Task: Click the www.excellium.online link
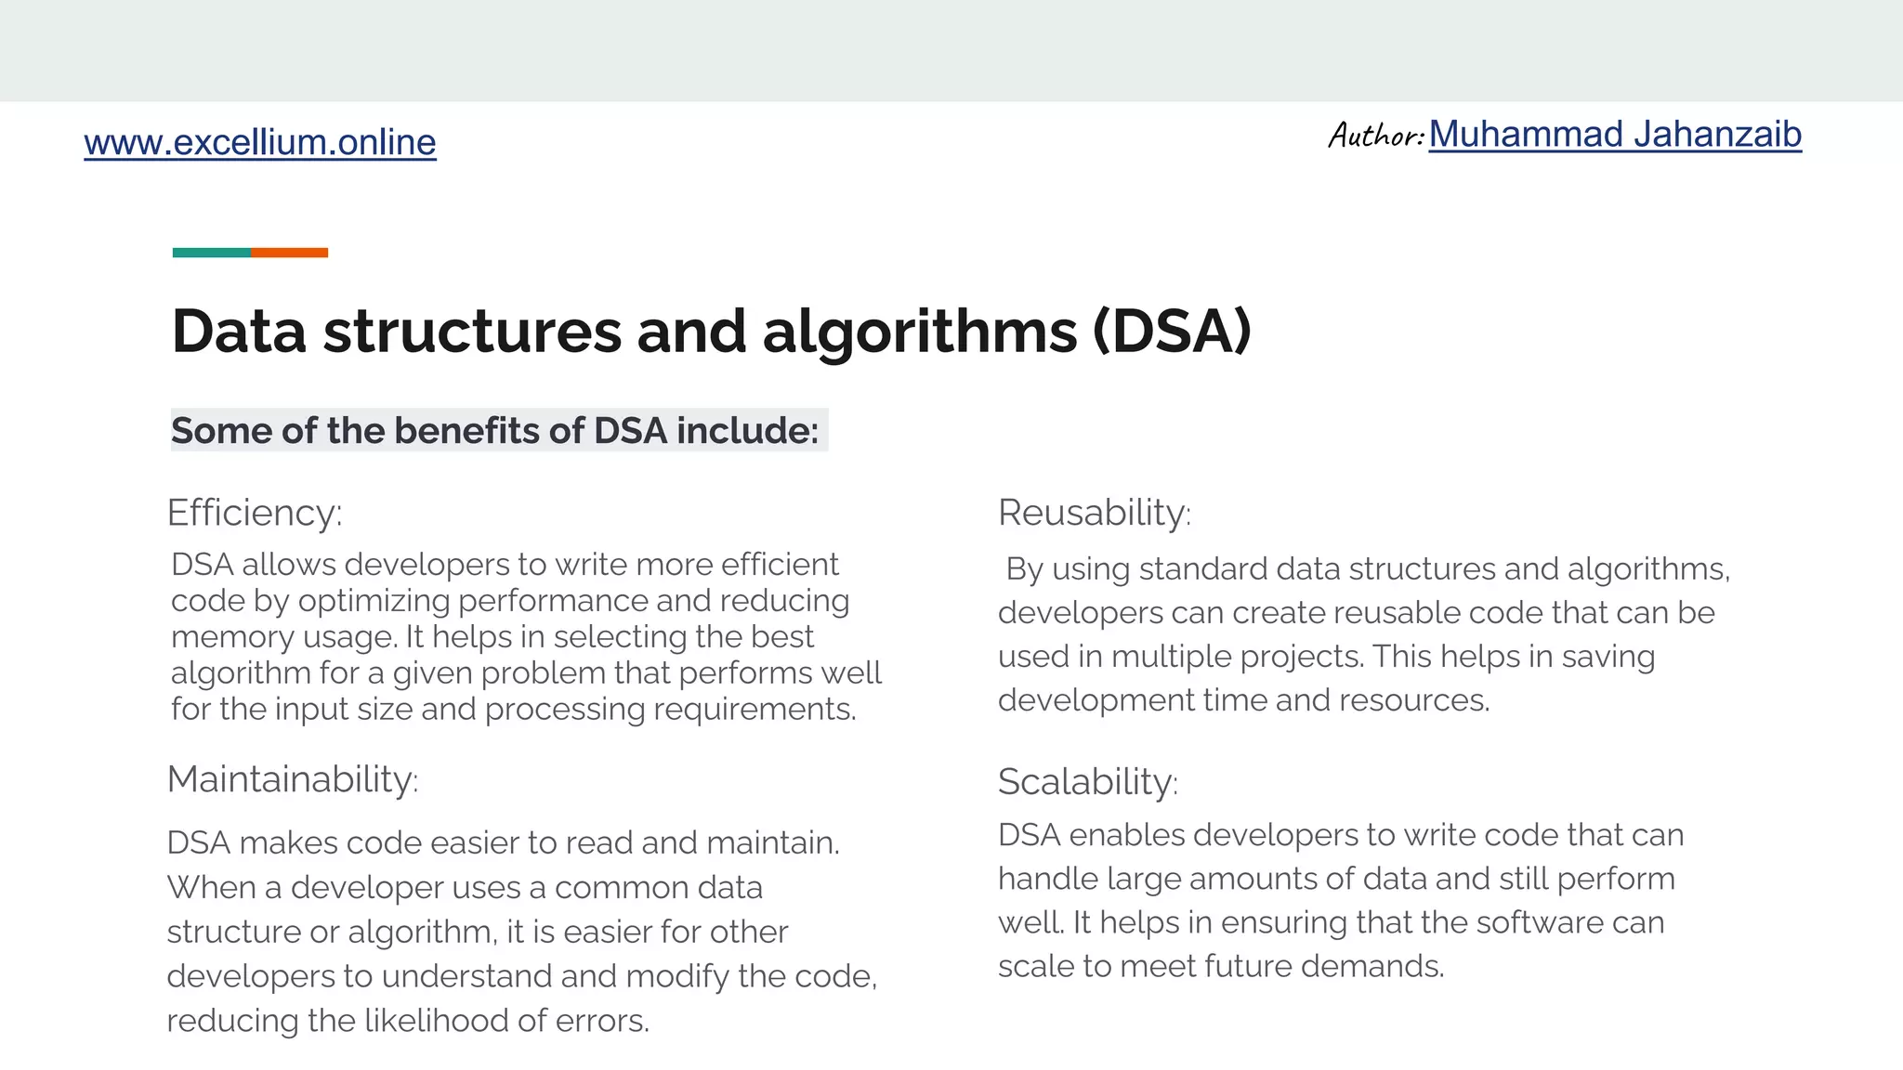(259, 142)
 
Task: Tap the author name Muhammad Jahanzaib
(1615, 135)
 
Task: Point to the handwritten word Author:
(1375, 136)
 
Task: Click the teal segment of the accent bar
(211, 253)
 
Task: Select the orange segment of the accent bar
(289, 253)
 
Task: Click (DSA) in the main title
(1173, 332)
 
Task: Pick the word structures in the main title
(472, 332)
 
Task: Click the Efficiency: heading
(255, 513)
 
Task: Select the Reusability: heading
(1094, 513)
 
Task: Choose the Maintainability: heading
(293, 779)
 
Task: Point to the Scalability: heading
(1087, 782)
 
